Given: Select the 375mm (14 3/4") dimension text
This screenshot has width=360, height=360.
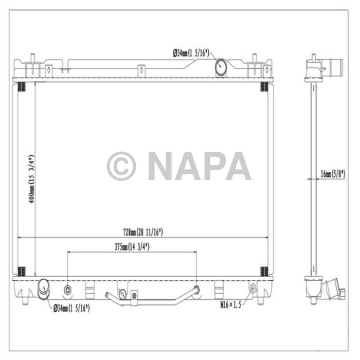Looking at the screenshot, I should coord(131,247).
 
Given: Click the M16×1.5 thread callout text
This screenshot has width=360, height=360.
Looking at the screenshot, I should coord(230,304).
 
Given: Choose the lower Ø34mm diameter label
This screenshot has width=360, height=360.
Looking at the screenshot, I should coord(71,308).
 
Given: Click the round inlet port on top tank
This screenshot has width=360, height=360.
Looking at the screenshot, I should coord(220,67).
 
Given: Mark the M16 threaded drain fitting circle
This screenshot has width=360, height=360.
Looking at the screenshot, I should coord(253,288).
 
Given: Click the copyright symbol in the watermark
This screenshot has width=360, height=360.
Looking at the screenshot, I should coord(121,166).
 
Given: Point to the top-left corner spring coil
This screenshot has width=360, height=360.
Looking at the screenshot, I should coord(22,86).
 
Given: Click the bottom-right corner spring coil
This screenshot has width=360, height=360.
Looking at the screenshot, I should coord(264,271).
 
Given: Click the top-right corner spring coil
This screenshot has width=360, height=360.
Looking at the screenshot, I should coord(264,86).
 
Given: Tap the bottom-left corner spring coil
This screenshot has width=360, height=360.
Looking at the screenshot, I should coord(22,271).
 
